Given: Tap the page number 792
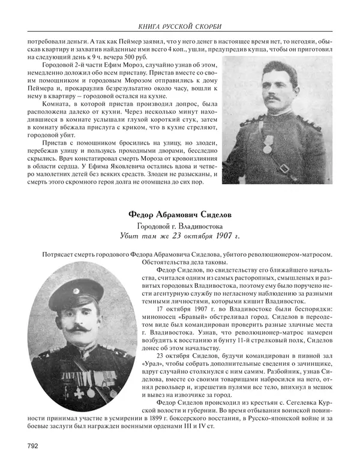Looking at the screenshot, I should pyautogui.click(x=34, y=445).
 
